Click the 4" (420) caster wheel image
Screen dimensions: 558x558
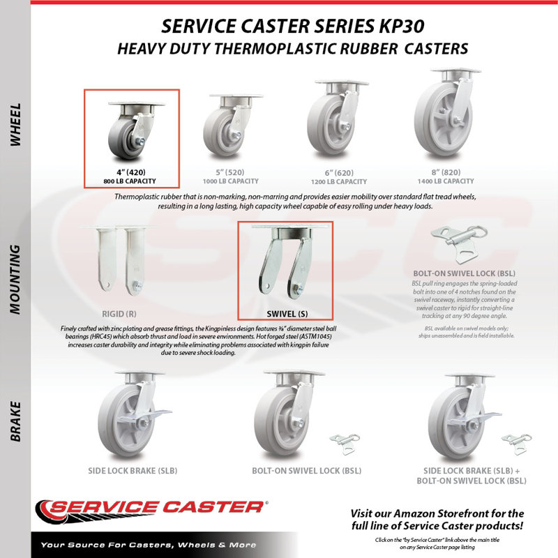click(x=136, y=130)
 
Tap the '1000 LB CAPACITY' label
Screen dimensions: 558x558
click(x=231, y=181)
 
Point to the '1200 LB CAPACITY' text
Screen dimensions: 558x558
click(x=339, y=181)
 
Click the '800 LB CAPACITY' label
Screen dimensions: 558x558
click(x=130, y=181)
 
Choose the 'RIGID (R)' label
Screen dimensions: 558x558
click(x=119, y=314)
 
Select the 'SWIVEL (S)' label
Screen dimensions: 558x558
click(x=287, y=314)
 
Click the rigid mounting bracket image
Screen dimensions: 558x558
click(x=119, y=260)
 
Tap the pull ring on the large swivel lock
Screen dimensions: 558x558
click(x=478, y=233)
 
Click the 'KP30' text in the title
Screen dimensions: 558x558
click(x=402, y=26)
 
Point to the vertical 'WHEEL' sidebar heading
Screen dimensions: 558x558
click(x=15, y=125)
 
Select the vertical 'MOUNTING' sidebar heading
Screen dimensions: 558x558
click(x=15, y=280)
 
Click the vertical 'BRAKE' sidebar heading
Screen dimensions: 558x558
click(x=15, y=422)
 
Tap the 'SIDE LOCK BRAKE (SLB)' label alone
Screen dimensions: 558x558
click(x=133, y=471)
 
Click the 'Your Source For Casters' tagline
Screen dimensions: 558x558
click(x=149, y=545)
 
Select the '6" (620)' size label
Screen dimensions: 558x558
click(x=339, y=173)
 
